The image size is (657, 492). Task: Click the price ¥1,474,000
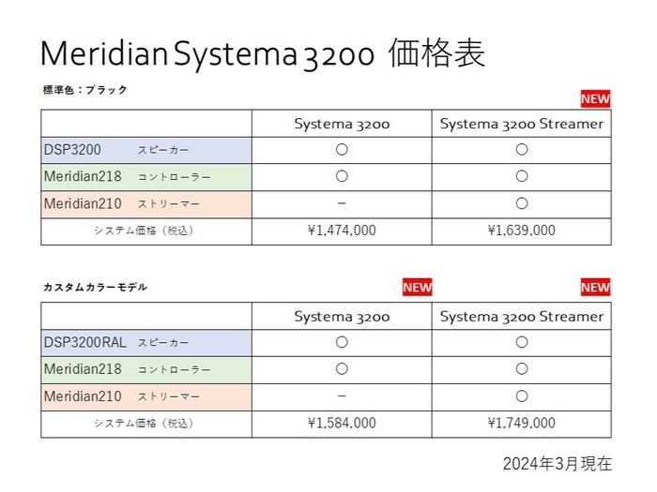click(x=342, y=231)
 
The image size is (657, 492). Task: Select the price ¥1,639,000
click(x=521, y=231)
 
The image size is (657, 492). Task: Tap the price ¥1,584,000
click(x=342, y=424)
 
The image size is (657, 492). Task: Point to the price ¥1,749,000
click(x=521, y=424)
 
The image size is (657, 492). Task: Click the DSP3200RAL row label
click(x=84, y=342)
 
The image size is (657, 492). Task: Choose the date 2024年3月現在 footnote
click(x=557, y=464)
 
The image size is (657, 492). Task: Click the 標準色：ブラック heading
click(x=84, y=90)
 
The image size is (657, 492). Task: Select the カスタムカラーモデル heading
click(x=95, y=287)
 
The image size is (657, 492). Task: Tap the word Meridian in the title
click(x=103, y=53)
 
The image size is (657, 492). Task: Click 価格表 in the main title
click(x=435, y=53)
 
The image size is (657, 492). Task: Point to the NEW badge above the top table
click(x=595, y=98)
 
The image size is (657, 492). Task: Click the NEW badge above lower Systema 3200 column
click(x=417, y=288)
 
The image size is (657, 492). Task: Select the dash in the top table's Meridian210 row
click(x=342, y=203)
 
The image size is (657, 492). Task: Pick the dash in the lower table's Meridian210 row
click(x=342, y=396)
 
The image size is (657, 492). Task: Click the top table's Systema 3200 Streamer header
click(x=521, y=123)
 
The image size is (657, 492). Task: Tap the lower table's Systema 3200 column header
click(x=342, y=316)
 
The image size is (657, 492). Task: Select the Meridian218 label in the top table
click(x=83, y=176)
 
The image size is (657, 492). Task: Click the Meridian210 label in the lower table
click(x=83, y=396)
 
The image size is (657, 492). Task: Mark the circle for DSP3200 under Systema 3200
click(x=342, y=149)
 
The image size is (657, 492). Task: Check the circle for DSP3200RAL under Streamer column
click(x=521, y=342)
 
